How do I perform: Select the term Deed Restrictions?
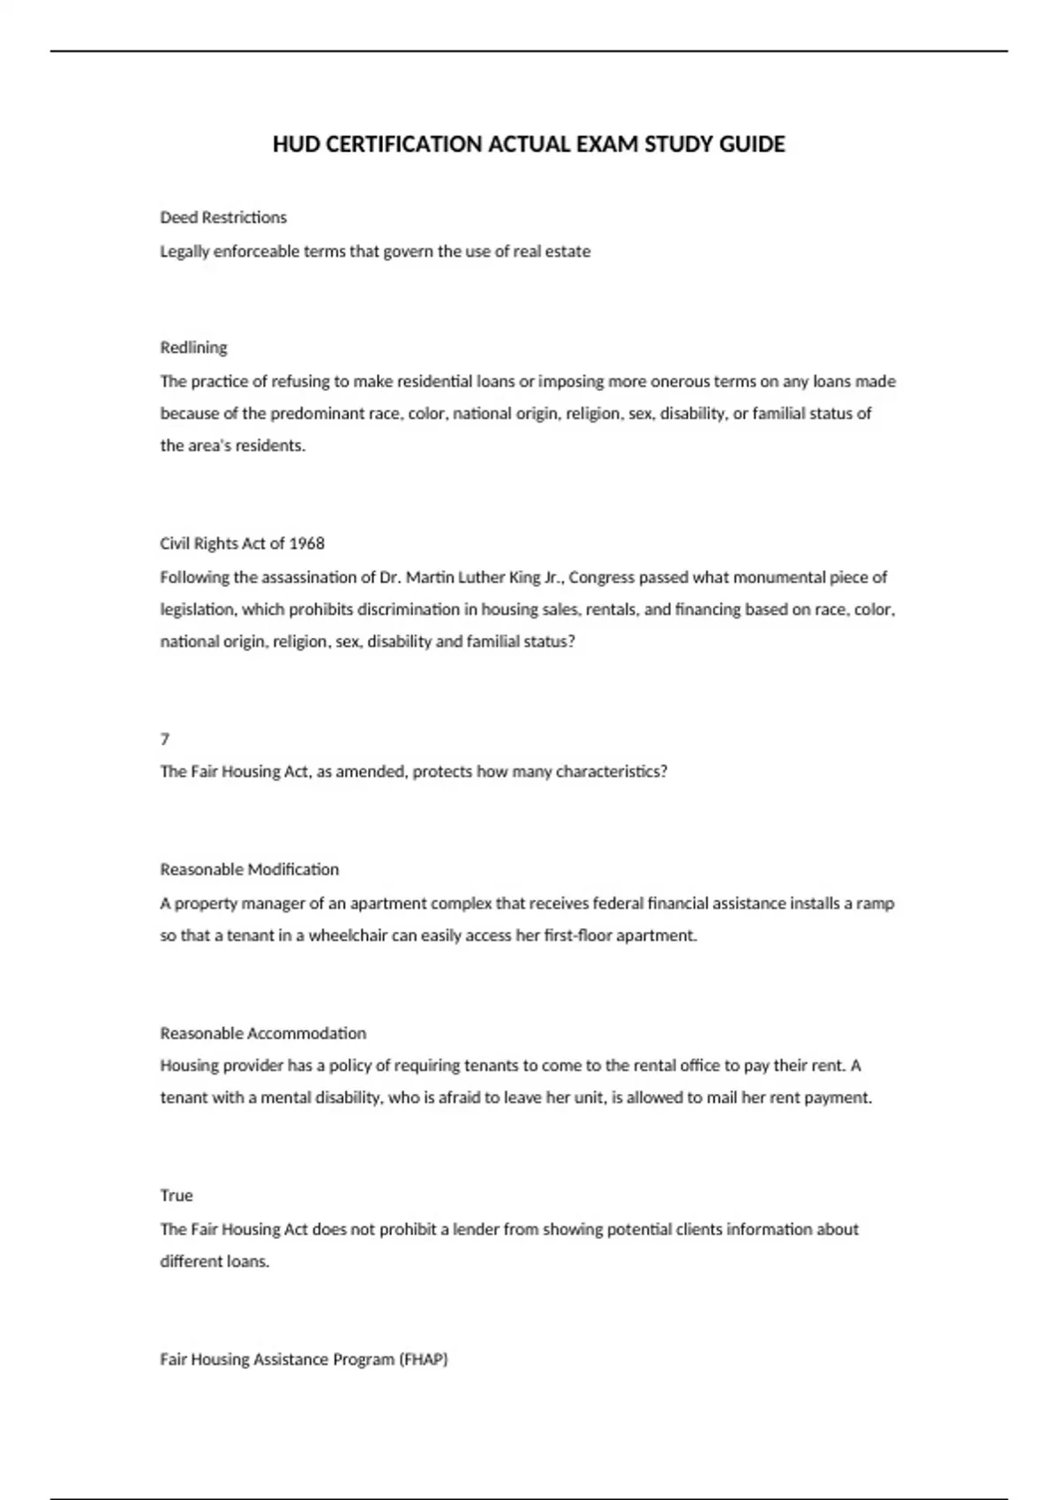223,217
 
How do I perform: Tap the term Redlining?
193,348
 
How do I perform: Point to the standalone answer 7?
165,739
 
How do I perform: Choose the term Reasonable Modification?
249,870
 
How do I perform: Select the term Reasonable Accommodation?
263,1033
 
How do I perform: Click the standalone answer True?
176,1196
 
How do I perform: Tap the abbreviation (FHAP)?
424,1360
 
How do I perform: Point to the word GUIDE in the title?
752,145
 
